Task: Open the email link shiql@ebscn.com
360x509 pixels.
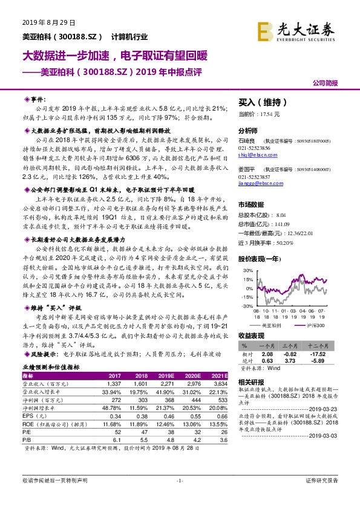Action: point(257,154)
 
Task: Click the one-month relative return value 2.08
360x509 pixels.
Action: point(267,353)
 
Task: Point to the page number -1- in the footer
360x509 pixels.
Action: point(179,497)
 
